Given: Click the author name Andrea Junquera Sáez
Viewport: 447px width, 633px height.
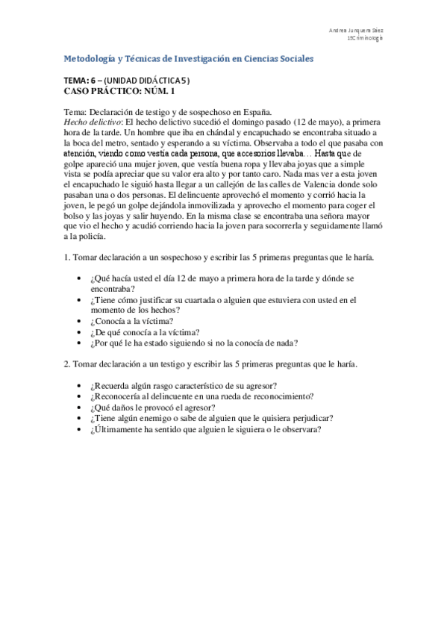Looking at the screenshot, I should tap(357, 31).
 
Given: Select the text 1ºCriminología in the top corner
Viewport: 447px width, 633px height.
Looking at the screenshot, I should tap(365, 38).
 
